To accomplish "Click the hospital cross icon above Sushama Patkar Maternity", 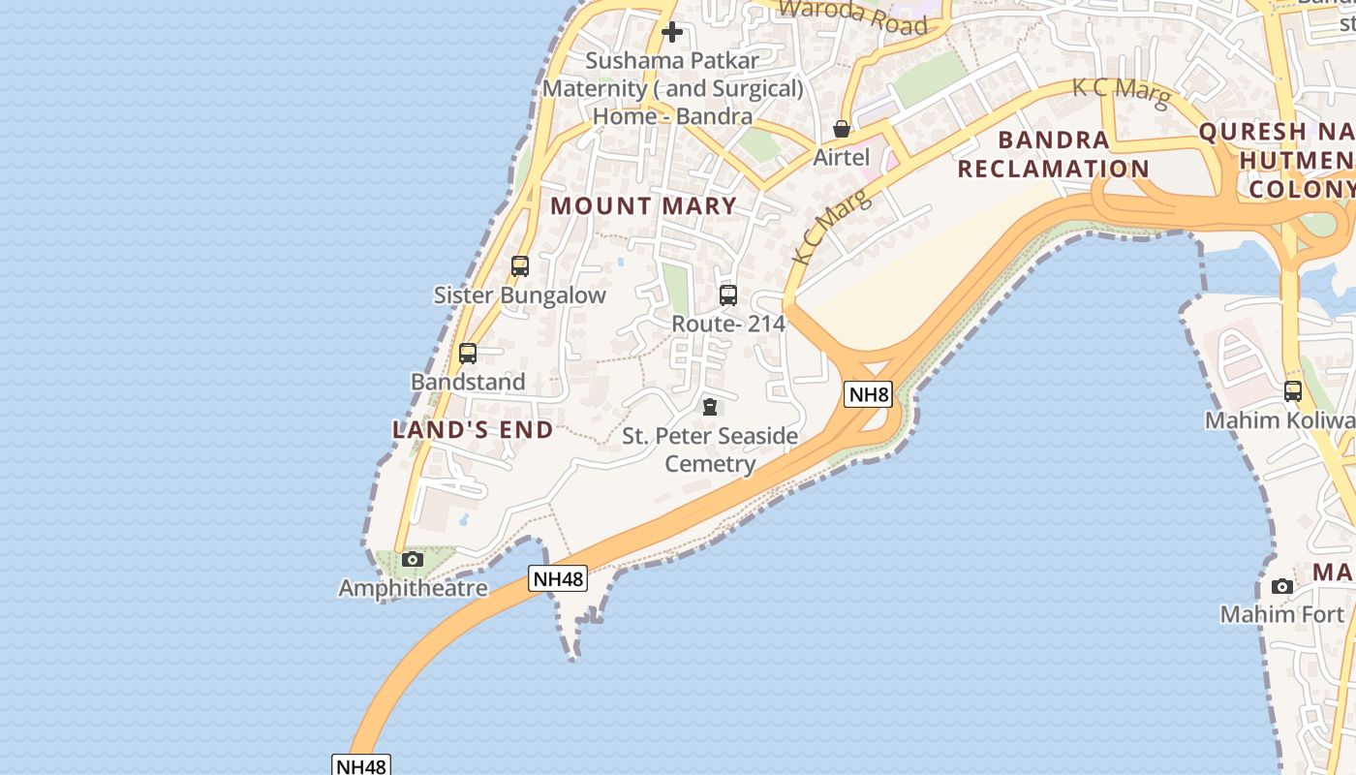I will click(x=671, y=32).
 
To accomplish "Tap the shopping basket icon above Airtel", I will click(x=842, y=129).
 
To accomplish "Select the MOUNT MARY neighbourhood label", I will click(x=644, y=205).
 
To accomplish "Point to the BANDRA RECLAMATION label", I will click(x=1053, y=154).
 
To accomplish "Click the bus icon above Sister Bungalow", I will click(x=520, y=266).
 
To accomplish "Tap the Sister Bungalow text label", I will click(x=520, y=295).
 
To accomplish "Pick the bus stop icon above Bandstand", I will click(x=468, y=354).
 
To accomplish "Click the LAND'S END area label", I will click(x=473, y=429).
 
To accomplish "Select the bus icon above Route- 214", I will click(x=728, y=295).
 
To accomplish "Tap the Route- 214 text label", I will click(x=728, y=324).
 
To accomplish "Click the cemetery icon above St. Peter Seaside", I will click(x=710, y=407).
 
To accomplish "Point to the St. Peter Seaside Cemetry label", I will click(x=710, y=449).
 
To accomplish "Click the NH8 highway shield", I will click(x=867, y=394).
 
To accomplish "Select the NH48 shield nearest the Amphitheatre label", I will click(x=559, y=579).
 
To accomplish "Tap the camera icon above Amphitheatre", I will click(x=413, y=559).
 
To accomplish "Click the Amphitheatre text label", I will click(x=413, y=588).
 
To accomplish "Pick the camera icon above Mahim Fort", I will click(x=1282, y=586).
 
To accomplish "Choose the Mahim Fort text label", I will click(x=1282, y=614).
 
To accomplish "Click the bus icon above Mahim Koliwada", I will click(x=1293, y=391).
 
